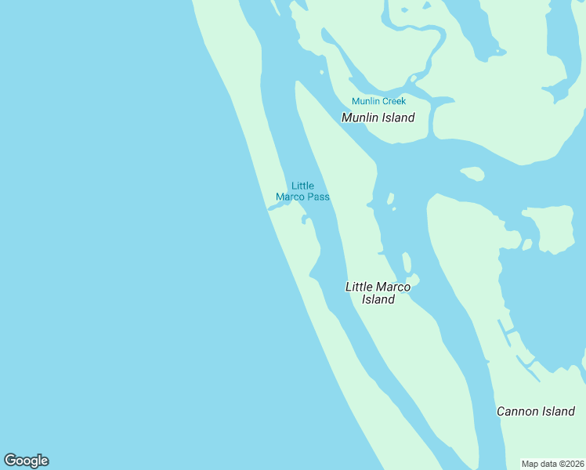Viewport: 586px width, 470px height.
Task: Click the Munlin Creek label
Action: tap(378, 101)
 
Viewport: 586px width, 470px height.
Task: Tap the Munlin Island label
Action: tap(378, 117)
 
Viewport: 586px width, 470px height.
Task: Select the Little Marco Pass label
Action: tap(302, 191)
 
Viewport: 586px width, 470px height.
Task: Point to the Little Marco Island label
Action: tap(378, 293)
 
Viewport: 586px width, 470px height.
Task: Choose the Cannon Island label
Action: tap(536, 411)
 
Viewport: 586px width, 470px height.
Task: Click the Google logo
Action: tap(26, 461)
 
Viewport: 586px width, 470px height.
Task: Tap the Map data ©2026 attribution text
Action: tap(553, 464)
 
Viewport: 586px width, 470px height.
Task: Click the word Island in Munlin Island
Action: tap(398, 117)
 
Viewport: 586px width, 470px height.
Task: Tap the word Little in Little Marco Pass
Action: tap(302, 186)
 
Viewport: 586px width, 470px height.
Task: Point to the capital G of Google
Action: tap(10, 461)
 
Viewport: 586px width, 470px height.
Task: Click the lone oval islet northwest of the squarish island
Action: tap(472, 173)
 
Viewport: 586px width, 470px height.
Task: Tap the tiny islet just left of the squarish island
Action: tap(526, 244)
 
